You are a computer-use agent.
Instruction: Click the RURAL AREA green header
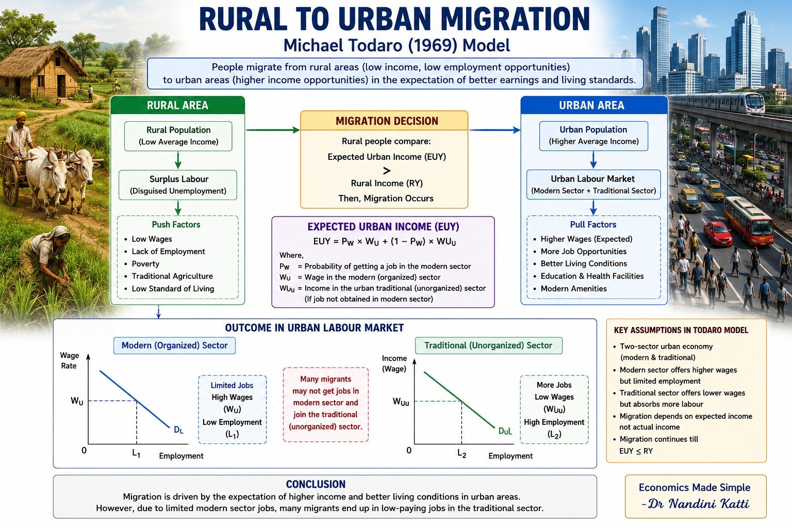[177, 105]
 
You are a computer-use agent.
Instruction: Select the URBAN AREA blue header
[594, 105]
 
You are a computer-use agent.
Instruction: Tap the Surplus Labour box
[178, 185]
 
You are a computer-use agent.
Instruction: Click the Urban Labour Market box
[593, 185]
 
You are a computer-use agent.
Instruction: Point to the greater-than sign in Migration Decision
[387, 171]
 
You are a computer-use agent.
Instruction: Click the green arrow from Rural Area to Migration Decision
[273, 130]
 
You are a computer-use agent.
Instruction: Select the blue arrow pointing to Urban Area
[494, 130]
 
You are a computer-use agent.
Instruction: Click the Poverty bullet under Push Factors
[142, 264]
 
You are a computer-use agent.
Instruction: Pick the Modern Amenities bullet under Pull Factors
[570, 289]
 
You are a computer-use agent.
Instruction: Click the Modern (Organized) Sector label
[174, 345]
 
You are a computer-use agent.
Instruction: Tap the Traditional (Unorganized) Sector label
[488, 345]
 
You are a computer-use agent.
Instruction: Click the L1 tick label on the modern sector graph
[137, 453]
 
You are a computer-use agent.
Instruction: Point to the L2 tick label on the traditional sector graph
[462, 453]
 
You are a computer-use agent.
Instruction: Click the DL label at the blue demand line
[178, 430]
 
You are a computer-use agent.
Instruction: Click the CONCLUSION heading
[316, 484]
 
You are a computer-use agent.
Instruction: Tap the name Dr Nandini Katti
[695, 504]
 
